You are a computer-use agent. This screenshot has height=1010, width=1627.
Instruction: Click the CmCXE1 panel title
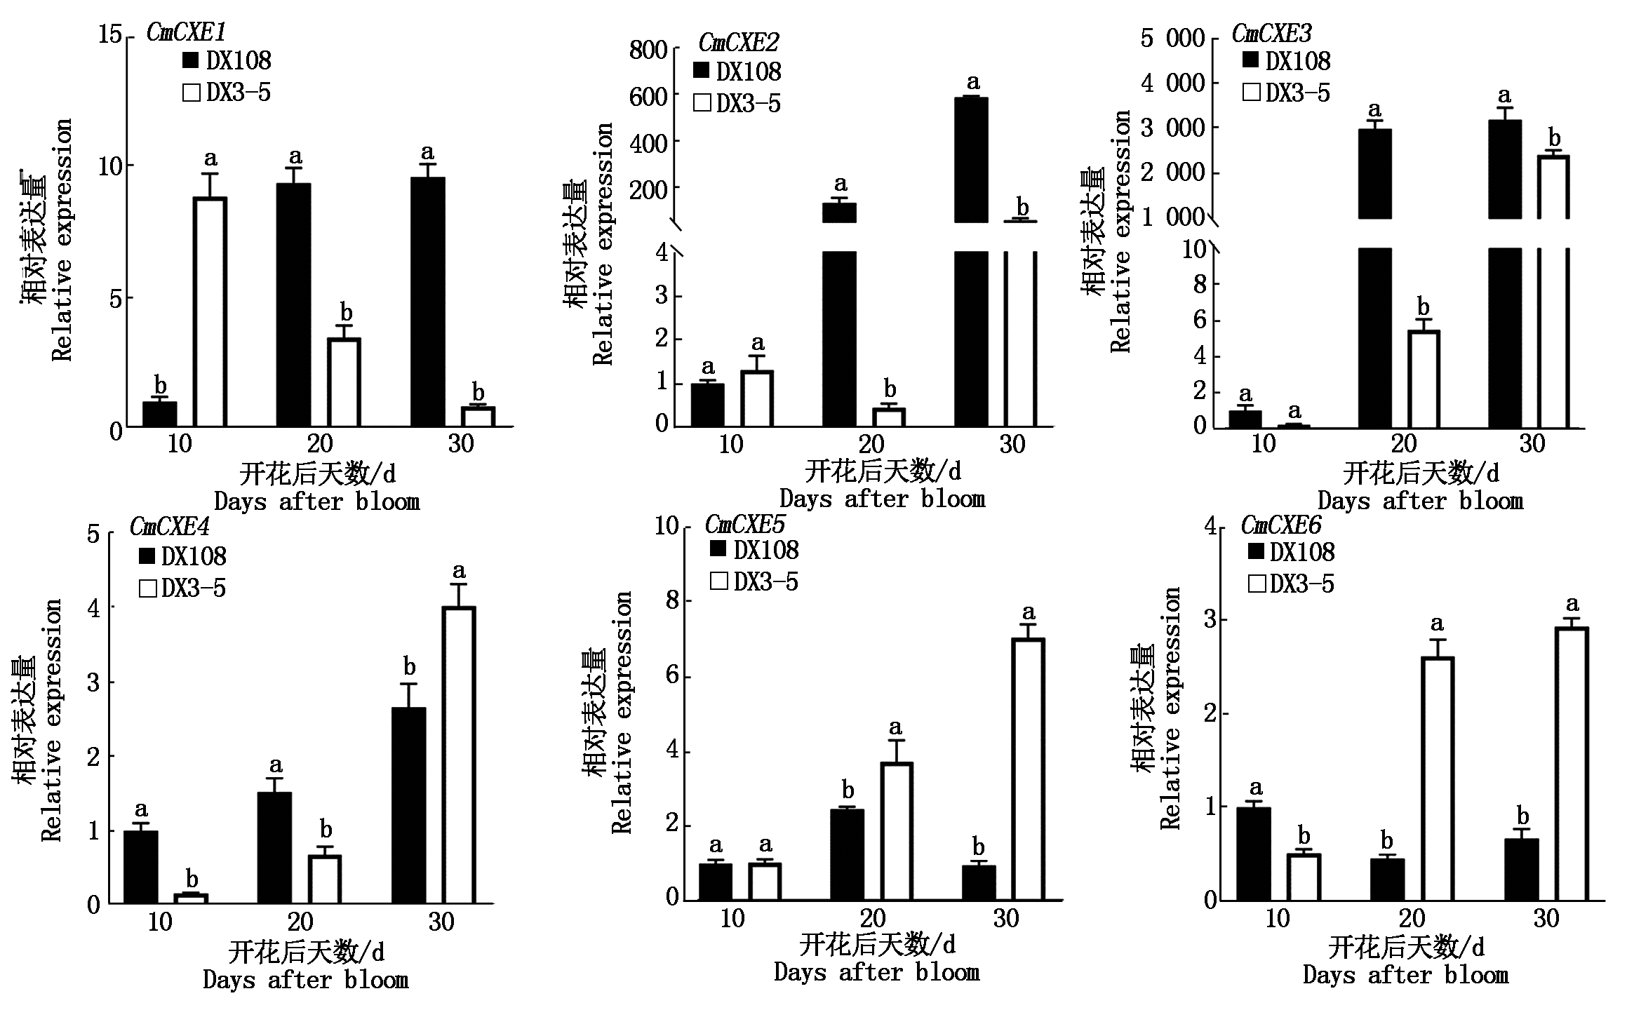point(186,32)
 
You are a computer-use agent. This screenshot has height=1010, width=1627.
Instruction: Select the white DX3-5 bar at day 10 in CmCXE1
point(210,312)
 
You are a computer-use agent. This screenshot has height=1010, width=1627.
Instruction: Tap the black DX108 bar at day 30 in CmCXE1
point(427,302)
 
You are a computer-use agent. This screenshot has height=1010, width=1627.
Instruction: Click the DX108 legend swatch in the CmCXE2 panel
point(702,72)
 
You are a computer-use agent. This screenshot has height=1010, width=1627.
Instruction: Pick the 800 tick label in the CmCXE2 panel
point(648,51)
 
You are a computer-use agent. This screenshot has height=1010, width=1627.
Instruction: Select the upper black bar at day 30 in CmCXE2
point(972,160)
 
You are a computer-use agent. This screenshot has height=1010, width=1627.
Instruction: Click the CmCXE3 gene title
point(1271,33)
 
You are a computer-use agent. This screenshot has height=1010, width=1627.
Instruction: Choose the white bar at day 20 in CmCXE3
point(1424,379)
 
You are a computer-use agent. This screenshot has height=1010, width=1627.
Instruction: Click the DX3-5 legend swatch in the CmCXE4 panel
point(147,588)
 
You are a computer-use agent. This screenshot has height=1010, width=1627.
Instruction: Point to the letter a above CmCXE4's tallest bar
point(460,570)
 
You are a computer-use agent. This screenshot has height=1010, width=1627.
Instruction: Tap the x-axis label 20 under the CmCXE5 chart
point(873,918)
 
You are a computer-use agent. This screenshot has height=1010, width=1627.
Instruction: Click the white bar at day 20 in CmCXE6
point(1437,779)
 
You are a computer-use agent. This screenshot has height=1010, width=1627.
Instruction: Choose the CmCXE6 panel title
point(1280,525)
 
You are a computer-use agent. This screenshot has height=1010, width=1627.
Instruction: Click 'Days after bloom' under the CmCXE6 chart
point(1405,975)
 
